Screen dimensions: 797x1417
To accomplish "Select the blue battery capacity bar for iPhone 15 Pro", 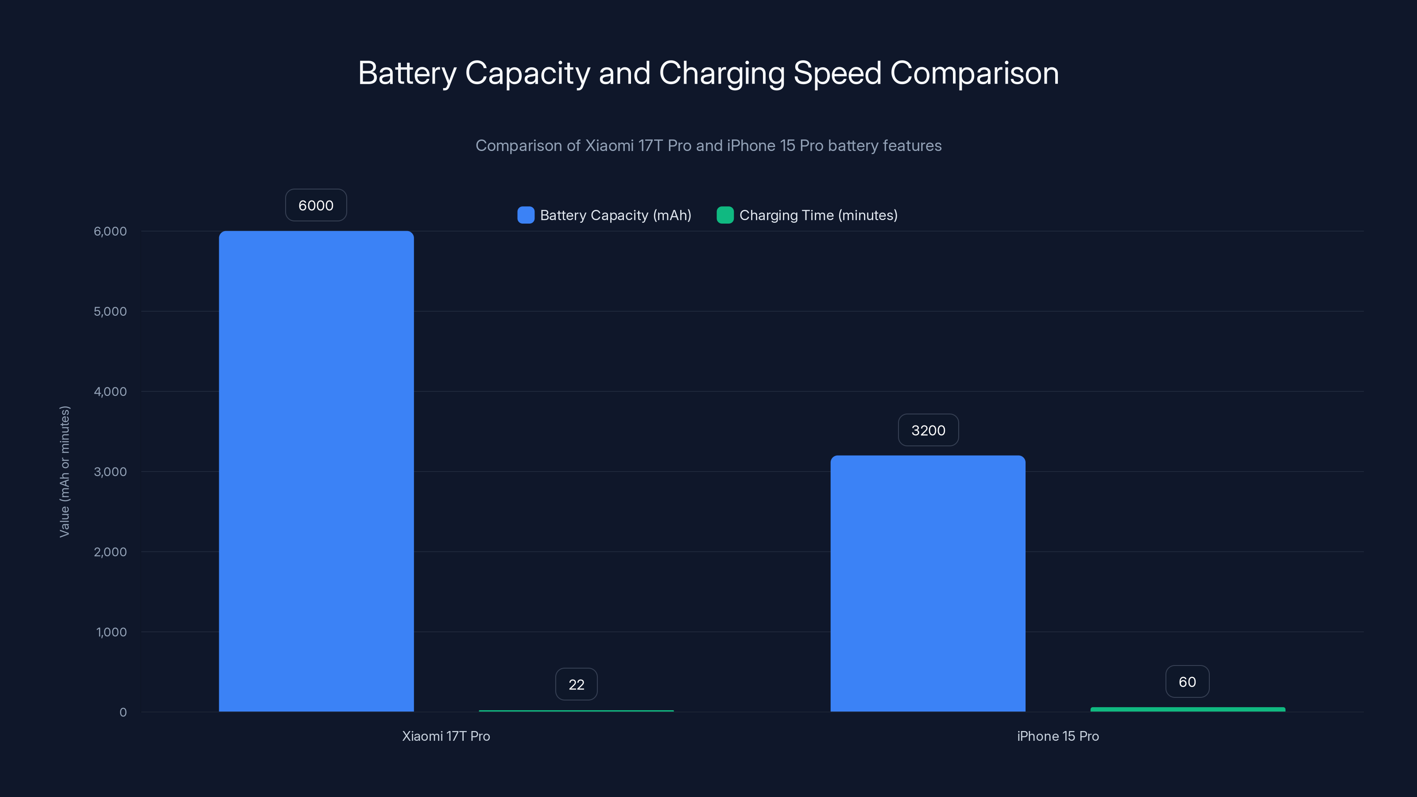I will click(x=927, y=583).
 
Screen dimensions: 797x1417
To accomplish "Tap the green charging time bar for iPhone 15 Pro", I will click(x=1188, y=709).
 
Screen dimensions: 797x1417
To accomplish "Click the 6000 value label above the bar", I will click(x=316, y=205).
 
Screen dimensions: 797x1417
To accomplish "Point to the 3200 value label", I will click(x=928, y=430).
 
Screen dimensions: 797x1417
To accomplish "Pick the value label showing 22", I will click(x=576, y=684).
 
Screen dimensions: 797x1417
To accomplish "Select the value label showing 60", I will click(x=1187, y=681).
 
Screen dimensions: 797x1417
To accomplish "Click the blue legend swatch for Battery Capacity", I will click(x=525, y=215).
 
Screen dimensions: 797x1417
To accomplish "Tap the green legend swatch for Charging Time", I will click(x=725, y=215).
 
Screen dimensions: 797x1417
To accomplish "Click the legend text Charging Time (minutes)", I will click(x=818, y=215).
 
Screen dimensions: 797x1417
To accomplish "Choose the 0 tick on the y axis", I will click(x=123, y=712).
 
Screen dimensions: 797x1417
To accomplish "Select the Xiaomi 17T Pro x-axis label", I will click(x=445, y=736).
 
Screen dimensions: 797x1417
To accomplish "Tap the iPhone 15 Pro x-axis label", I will click(x=1057, y=736).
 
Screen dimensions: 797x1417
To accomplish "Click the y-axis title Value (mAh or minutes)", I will click(x=64, y=472).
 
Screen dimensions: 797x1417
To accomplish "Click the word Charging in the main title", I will click(x=721, y=73).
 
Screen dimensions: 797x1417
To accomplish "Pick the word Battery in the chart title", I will click(x=407, y=73).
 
